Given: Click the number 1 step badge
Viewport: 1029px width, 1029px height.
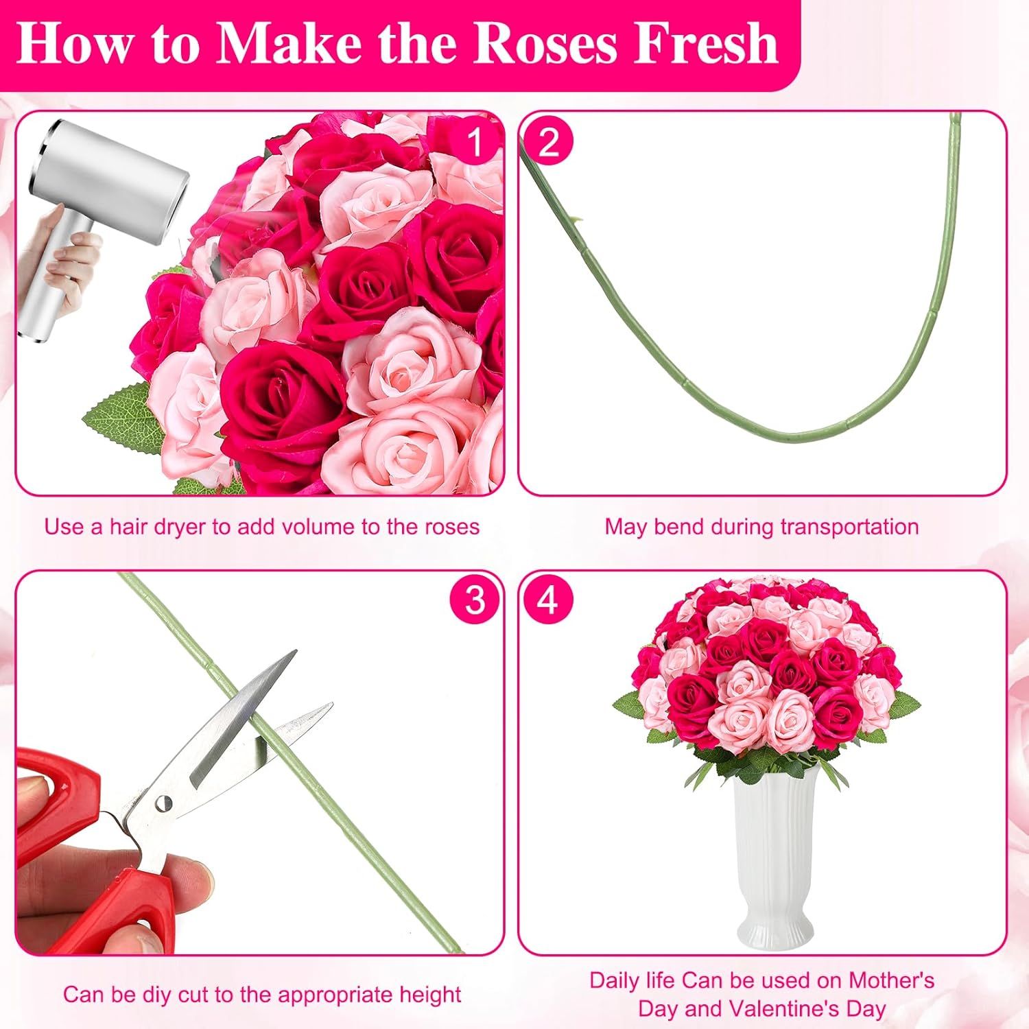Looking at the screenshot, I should click(475, 143).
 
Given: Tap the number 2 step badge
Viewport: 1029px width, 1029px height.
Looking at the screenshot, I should click(548, 142).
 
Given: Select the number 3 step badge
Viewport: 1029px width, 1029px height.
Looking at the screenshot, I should click(475, 600).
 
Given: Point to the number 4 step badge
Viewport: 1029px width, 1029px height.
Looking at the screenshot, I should click(547, 600).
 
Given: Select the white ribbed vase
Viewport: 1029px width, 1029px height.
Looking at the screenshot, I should click(775, 858).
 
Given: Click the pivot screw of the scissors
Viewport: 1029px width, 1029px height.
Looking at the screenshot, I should click(163, 804).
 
